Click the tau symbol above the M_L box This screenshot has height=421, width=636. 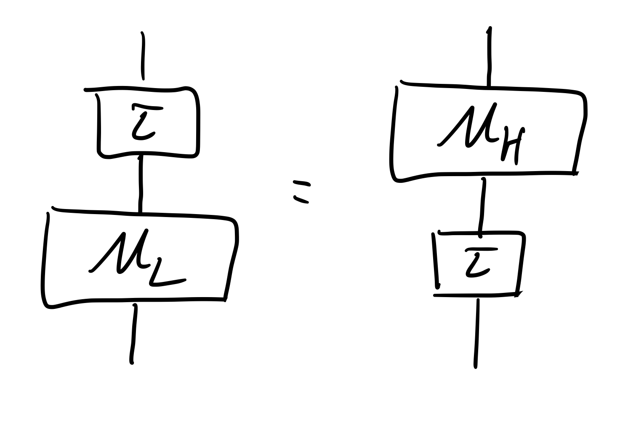tap(143, 123)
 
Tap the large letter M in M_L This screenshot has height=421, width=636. tap(120, 253)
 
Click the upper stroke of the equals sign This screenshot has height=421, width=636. tap(302, 183)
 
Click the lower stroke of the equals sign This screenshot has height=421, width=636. tap(301, 199)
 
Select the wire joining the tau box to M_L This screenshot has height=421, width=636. tap(141, 183)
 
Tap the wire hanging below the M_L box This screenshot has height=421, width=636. tap(133, 333)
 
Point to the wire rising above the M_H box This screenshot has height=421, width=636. tap(489, 57)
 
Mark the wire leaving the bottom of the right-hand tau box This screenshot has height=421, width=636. tap(476, 333)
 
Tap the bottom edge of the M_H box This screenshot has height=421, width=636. tap(484, 173)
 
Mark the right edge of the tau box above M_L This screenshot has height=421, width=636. tap(197, 122)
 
